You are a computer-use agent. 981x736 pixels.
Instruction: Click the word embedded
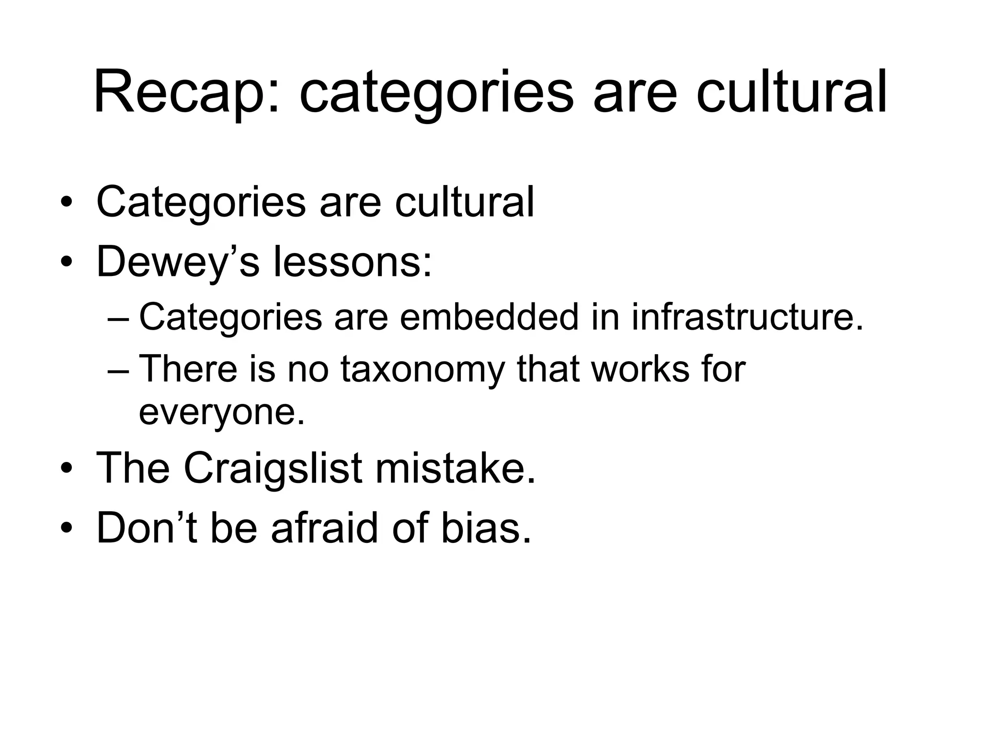(x=489, y=317)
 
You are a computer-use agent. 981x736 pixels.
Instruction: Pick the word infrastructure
(x=747, y=317)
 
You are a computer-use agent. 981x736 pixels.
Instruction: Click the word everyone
(x=222, y=412)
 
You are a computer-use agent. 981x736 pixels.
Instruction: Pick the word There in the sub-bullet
(x=188, y=369)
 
